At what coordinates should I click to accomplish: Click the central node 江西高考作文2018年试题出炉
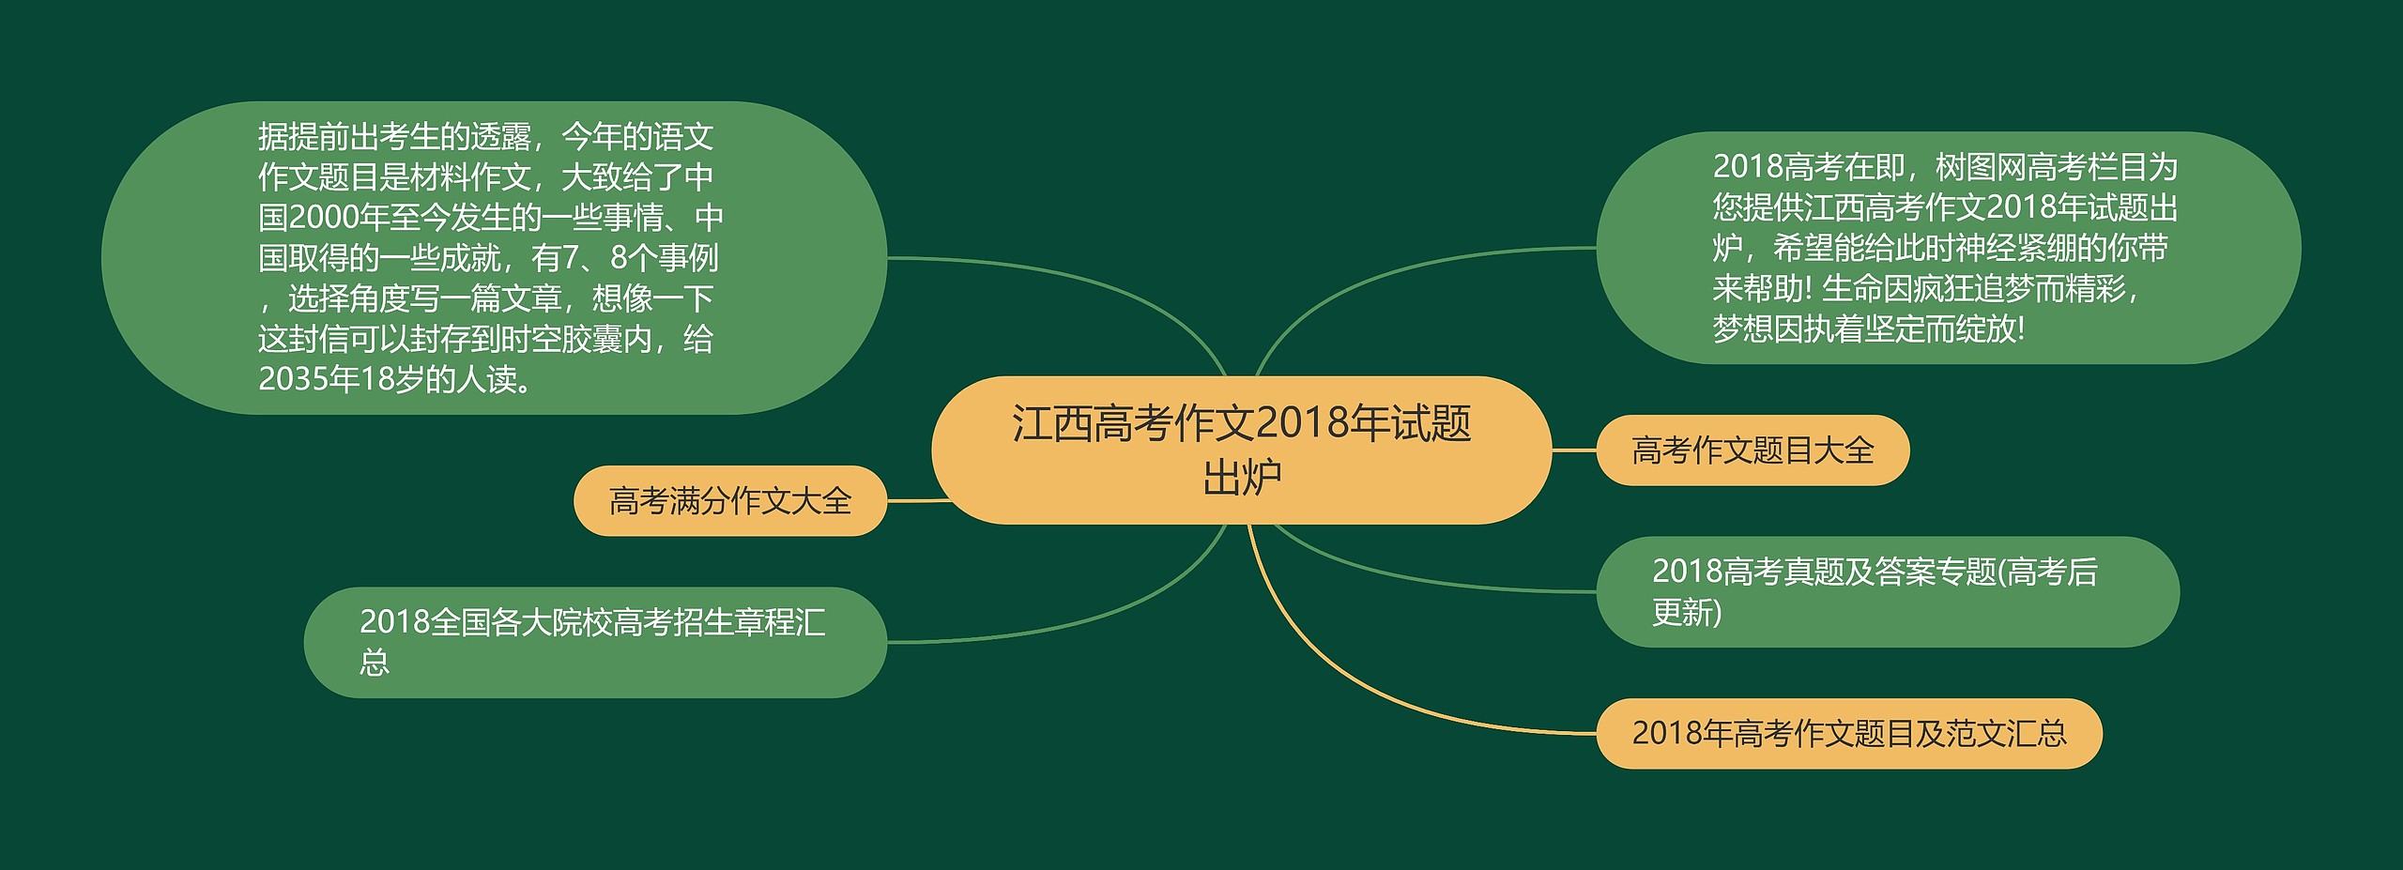pyautogui.click(x=1241, y=450)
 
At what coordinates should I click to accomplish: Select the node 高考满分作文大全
pyautogui.click(x=730, y=501)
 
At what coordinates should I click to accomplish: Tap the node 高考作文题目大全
pyautogui.click(x=1753, y=450)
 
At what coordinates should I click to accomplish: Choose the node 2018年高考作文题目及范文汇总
pyautogui.click(x=1849, y=734)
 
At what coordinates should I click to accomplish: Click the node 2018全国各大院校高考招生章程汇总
pyautogui.click(x=595, y=643)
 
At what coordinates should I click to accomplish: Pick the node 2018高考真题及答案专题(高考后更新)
pyautogui.click(x=1888, y=592)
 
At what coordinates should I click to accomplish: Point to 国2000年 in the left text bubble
pyautogui.click(x=324, y=218)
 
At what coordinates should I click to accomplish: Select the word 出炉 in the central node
pyautogui.click(x=1242, y=478)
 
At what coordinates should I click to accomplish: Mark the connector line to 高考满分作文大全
pyautogui.click(x=919, y=500)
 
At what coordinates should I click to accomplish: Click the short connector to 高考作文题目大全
pyautogui.click(x=1574, y=450)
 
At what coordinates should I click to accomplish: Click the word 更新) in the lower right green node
pyautogui.click(x=1687, y=613)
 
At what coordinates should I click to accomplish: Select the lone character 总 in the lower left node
pyautogui.click(x=375, y=664)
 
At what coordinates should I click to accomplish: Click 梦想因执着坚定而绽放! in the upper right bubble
pyautogui.click(x=1869, y=329)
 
